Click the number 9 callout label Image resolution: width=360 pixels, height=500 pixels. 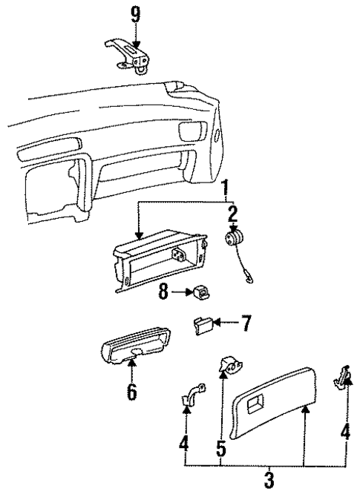[134, 15]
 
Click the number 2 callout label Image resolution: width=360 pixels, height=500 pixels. [232, 216]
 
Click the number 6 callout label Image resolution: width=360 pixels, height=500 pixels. [131, 391]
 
